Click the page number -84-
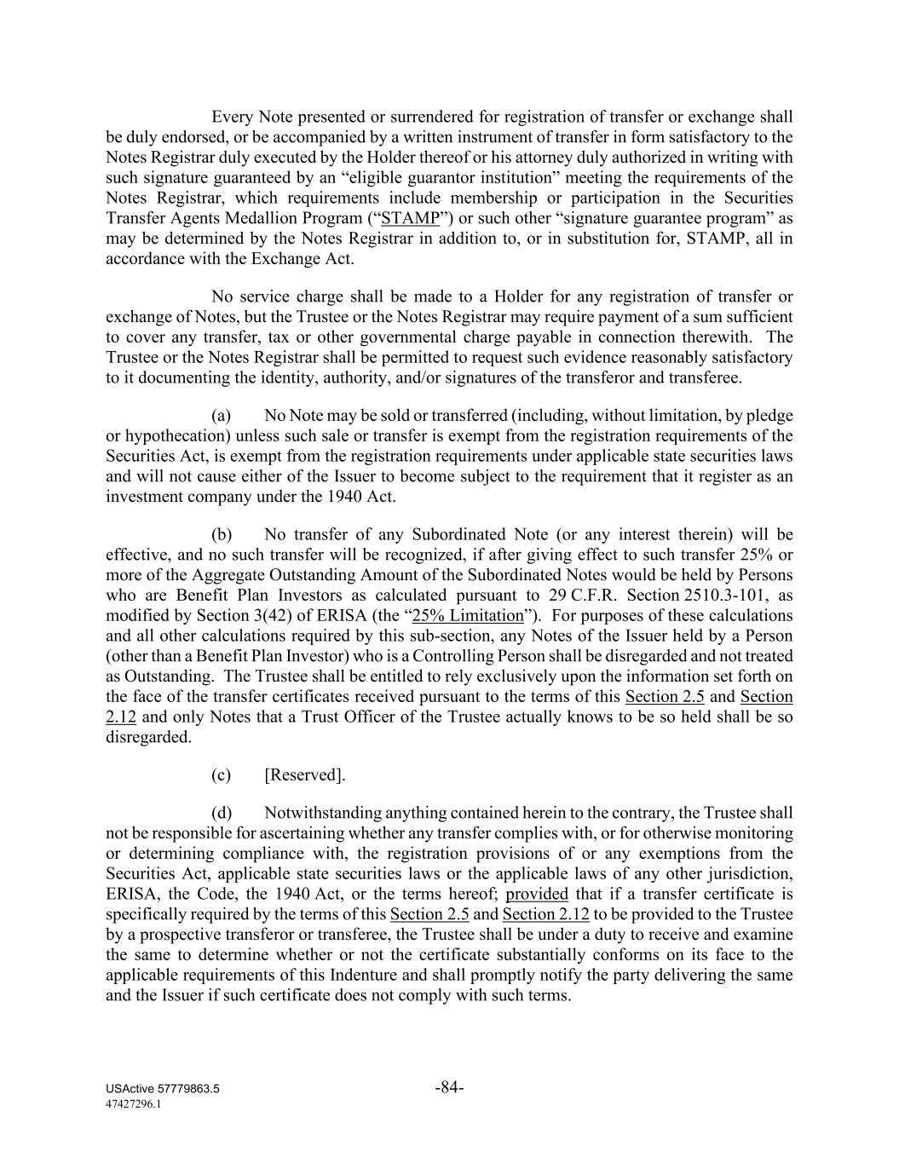pyautogui.click(x=449, y=1087)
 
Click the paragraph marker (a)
pyautogui.click(x=222, y=416)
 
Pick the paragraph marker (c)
pyautogui.click(x=222, y=775)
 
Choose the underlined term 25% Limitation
pyautogui.click(x=467, y=616)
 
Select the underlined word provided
pyautogui.click(x=537, y=895)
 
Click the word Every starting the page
pyautogui.click(x=232, y=117)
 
